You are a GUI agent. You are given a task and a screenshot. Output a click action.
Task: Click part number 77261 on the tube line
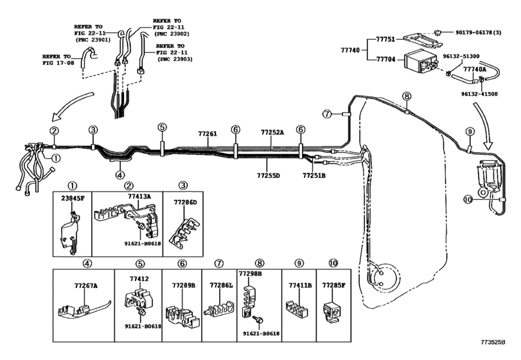pos(208,134)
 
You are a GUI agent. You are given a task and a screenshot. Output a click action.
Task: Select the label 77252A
pos(272,132)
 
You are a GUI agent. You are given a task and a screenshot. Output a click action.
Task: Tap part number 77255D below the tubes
pos(268,175)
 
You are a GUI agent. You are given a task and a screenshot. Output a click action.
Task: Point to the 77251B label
pos(314,175)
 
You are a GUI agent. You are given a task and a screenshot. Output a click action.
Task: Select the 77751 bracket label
pos(385,39)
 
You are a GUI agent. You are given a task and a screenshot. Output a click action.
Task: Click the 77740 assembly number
pos(350,50)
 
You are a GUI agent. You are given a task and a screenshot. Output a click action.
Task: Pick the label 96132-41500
pos(479,94)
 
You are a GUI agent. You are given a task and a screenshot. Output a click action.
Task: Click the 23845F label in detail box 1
pos(73,199)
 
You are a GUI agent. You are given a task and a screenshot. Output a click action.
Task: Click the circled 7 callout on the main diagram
pos(327,114)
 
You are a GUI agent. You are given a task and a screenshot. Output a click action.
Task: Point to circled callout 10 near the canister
pos(468,199)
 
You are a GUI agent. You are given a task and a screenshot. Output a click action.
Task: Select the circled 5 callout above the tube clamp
pos(162,127)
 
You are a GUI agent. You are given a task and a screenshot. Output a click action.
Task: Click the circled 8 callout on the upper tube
pos(407,96)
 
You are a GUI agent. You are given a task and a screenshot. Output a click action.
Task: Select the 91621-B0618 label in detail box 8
pos(261,334)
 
